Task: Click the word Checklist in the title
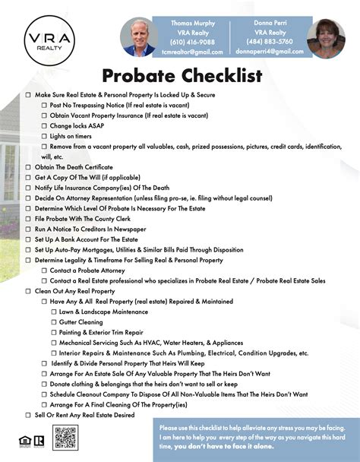pyautogui.click(x=225, y=76)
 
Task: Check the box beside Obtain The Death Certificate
pyautogui.click(x=28, y=167)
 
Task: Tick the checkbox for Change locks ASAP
pyautogui.click(x=44, y=125)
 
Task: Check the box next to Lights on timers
pyautogui.click(x=44, y=136)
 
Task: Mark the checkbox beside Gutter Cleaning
pyautogui.click(x=54, y=322)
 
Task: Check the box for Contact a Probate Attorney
pyautogui.click(x=44, y=271)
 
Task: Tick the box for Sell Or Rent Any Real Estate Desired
pyautogui.click(x=28, y=415)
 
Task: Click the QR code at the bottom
pyautogui.click(x=66, y=438)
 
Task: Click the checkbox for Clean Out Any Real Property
pyautogui.click(x=28, y=291)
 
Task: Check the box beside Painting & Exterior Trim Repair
pyautogui.click(x=54, y=332)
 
